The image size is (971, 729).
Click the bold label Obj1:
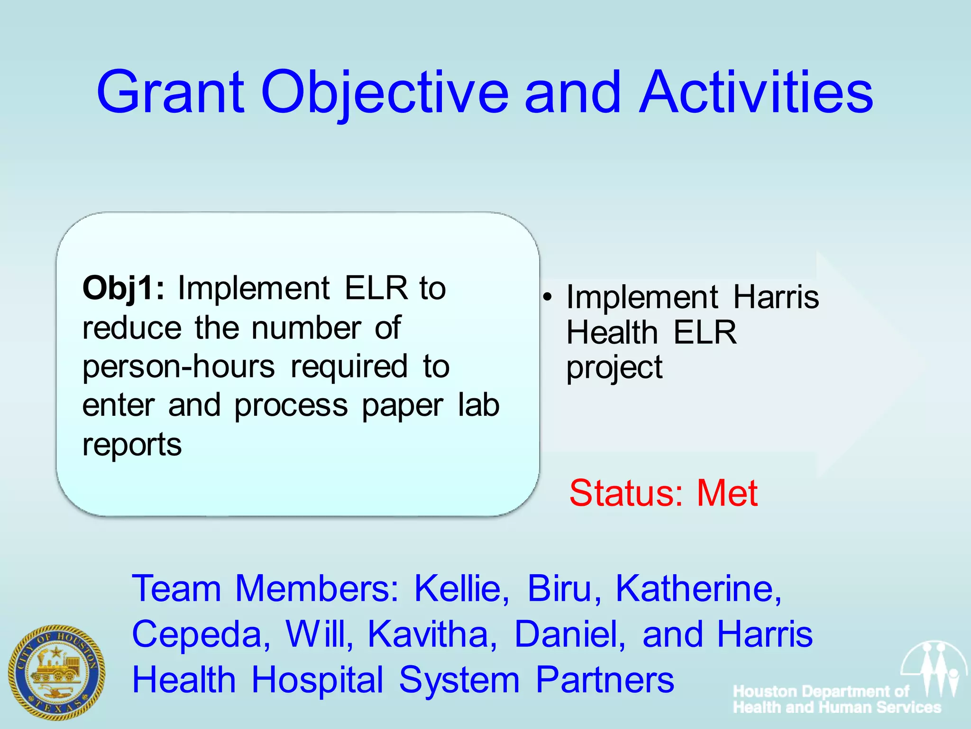(x=123, y=288)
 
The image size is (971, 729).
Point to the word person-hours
(x=179, y=367)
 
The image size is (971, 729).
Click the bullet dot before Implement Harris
(x=548, y=298)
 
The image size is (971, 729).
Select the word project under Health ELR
(x=614, y=368)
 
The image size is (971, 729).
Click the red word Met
(x=727, y=493)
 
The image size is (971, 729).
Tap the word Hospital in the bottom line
(x=317, y=680)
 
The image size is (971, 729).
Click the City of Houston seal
(x=56, y=672)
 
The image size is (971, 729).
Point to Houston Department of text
(x=821, y=692)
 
